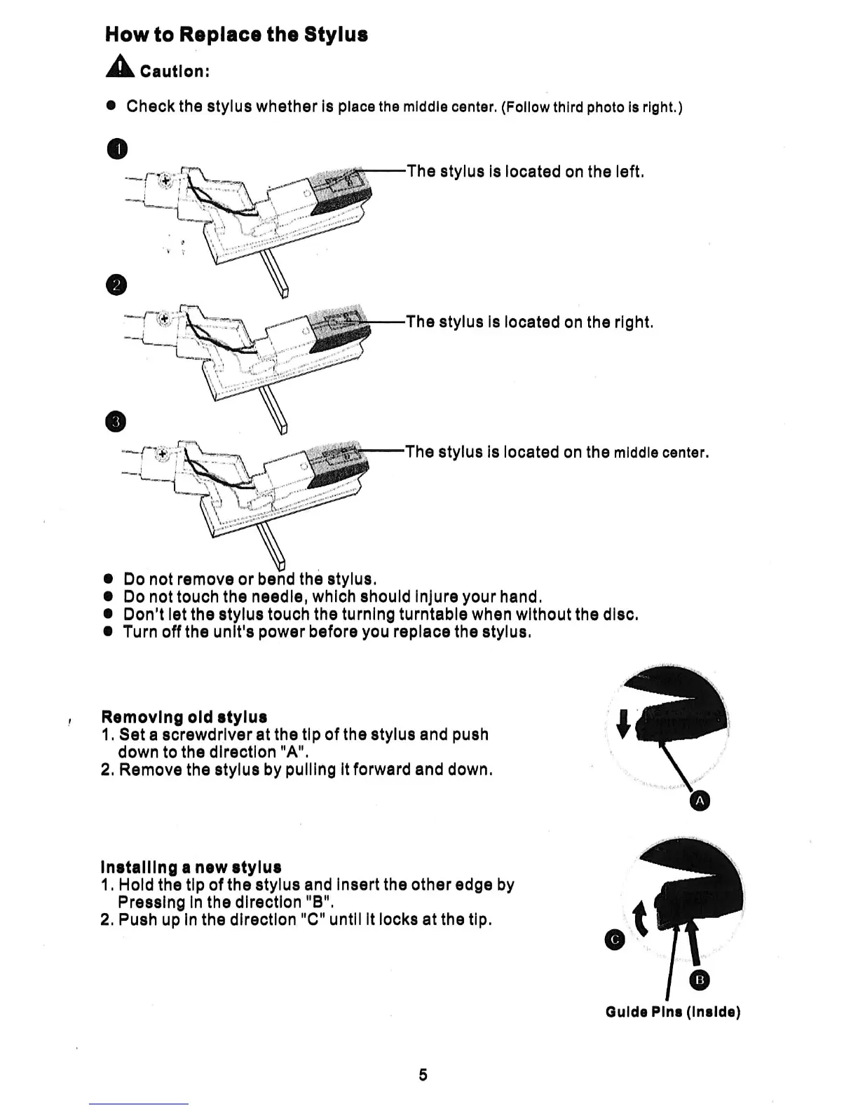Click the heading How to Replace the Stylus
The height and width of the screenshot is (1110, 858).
coord(236,35)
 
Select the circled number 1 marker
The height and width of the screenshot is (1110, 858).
coord(118,149)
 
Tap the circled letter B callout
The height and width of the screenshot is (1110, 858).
coord(700,980)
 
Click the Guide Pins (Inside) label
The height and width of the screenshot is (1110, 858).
coord(672,1012)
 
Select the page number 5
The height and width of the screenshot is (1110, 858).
coord(423,1074)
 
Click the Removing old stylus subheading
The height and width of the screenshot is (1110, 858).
coord(184,717)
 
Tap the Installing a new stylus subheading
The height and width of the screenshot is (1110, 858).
coord(191,867)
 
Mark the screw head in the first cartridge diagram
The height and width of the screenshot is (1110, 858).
coord(165,181)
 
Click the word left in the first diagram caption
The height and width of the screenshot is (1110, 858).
coord(628,172)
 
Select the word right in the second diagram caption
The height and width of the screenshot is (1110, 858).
coord(633,322)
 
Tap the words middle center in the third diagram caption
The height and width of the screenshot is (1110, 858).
coord(661,453)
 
